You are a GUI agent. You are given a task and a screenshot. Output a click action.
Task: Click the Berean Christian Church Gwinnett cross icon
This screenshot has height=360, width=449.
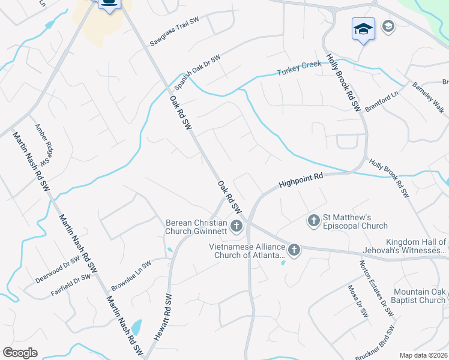tap(237, 226)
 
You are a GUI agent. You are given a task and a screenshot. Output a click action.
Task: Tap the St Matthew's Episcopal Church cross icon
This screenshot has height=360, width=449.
tap(313, 221)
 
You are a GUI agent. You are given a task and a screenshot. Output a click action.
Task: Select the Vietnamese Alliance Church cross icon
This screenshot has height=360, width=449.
tap(294, 250)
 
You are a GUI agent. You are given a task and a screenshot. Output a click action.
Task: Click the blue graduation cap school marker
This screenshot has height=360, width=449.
tap(363, 29)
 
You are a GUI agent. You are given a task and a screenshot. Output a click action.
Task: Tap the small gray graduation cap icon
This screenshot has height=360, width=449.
tap(388, 26)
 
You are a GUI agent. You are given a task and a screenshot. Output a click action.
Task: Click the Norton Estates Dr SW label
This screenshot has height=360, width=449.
tap(376, 287)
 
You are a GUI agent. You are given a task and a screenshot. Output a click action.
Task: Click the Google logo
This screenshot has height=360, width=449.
tap(20, 352)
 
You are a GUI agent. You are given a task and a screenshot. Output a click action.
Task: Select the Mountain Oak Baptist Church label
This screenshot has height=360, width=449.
tap(420, 296)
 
